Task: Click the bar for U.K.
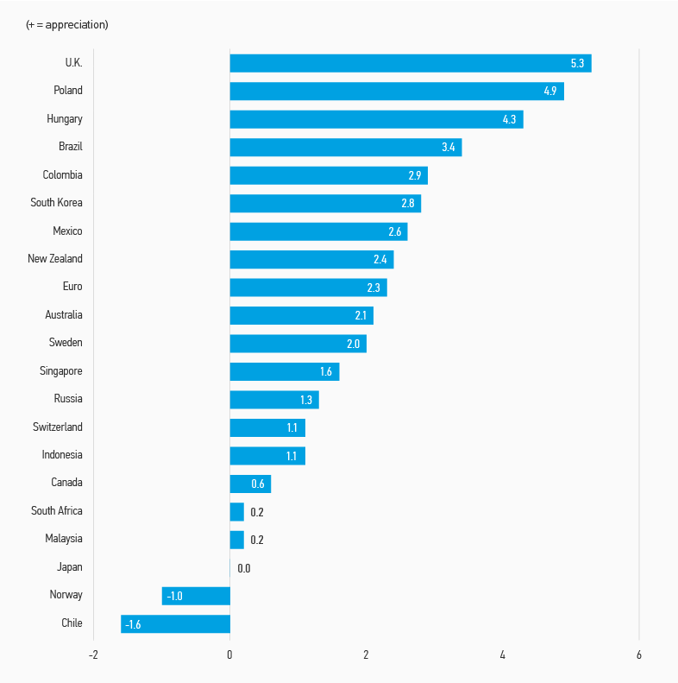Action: [x=410, y=63]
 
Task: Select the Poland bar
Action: [x=396, y=91]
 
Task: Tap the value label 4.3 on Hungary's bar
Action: [x=509, y=119]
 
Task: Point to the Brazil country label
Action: [x=71, y=147]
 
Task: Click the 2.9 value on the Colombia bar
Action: [x=415, y=175]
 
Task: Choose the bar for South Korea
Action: [x=324, y=203]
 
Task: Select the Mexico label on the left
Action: [x=67, y=231]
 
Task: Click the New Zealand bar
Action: [x=311, y=259]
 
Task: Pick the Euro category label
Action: [x=72, y=287]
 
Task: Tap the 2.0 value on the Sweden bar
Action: [x=353, y=344]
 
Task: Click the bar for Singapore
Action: [x=284, y=371]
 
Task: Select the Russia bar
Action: [x=273, y=400]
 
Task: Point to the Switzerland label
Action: [x=58, y=427]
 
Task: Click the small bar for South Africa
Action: [x=236, y=512]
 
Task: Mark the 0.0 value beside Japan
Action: [x=244, y=568]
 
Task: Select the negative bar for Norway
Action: [x=196, y=596]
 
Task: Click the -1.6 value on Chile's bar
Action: [x=133, y=624]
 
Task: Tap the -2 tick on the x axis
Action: [x=93, y=655]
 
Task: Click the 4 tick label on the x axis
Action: [x=502, y=655]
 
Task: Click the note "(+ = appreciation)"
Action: [x=67, y=24]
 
